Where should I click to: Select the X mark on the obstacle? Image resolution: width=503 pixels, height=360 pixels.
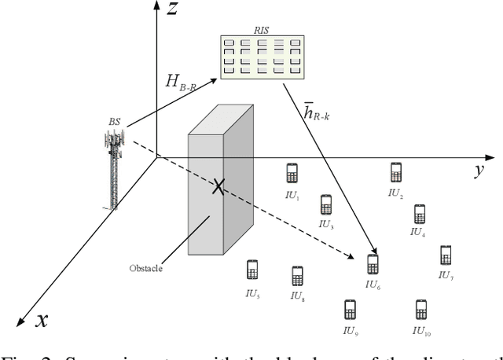pyautogui.click(x=218, y=186)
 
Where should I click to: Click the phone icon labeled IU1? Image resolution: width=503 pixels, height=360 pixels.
pyautogui.click(x=292, y=173)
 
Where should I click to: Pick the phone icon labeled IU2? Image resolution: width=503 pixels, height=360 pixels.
pyautogui.click(x=395, y=171)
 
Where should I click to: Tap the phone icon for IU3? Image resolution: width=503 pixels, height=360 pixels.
pyautogui.click(x=326, y=204)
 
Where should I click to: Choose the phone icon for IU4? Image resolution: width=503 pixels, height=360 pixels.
pyautogui.click(x=419, y=214)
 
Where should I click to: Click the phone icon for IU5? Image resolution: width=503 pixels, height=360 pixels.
pyautogui.click(x=252, y=270)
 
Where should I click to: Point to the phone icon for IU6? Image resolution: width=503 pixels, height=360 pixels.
pyautogui.click(x=373, y=264)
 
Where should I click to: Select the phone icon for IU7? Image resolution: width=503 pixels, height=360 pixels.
pyautogui.click(x=446, y=255)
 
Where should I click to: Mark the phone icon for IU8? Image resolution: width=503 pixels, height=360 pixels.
pyautogui.click(x=297, y=276)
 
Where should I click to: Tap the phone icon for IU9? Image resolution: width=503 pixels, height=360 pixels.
pyautogui.click(x=350, y=310)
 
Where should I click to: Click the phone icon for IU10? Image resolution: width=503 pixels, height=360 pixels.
pyautogui.click(x=421, y=309)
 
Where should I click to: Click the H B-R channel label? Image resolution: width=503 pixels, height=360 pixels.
pyautogui.click(x=184, y=80)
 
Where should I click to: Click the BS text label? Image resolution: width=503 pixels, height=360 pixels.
pyautogui.click(x=115, y=123)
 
